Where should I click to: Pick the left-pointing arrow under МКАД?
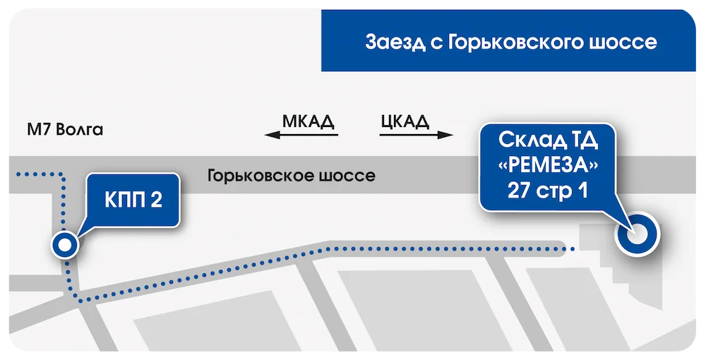tap(301, 135)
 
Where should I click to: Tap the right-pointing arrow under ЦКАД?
tap(417, 135)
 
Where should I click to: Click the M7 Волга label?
tap(65, 130)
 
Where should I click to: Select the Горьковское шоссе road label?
tap(292, 175)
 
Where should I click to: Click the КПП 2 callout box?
tap(133, 200)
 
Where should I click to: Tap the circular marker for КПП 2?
tap(65, 245)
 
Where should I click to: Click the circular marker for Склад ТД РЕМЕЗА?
tap(637, 234)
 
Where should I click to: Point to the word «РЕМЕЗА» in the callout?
tap(548, 166)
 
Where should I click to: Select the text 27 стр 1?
tap(548, 191)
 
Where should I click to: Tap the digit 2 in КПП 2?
tap(156, 200)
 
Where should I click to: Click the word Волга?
tap(79, 130)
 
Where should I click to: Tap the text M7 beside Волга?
tap(39, 130)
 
